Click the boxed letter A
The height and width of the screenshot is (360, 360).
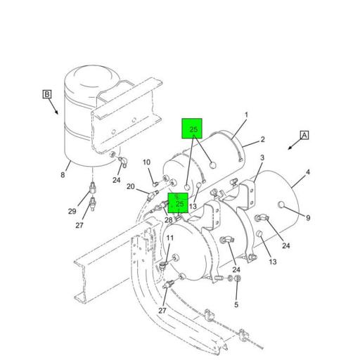[304, 135]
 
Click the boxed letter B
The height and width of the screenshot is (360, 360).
[47, 94]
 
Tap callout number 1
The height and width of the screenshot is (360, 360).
[246, 115]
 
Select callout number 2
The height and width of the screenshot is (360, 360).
[263, 139]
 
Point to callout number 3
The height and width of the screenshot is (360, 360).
[262, 157]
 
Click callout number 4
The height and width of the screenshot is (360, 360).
[308, 172]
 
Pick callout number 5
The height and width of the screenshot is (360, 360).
[236, 304]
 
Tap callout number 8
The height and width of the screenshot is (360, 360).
[63, 175]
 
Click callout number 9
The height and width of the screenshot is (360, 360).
[308, 218]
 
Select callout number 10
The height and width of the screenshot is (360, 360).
[146, 162]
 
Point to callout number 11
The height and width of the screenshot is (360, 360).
[170, 238]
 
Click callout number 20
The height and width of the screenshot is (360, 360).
[131, 186]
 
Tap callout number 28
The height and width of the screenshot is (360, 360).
[169, 220]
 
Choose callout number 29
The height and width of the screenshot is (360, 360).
[72, 212]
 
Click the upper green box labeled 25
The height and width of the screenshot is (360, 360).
[192, 129]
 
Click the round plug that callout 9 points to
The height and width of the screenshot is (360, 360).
[281, 205]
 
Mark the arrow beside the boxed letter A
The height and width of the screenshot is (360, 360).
[295, 144]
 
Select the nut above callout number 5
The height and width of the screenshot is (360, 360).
[237, 278]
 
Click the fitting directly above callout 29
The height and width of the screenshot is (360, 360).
[93, 188]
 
